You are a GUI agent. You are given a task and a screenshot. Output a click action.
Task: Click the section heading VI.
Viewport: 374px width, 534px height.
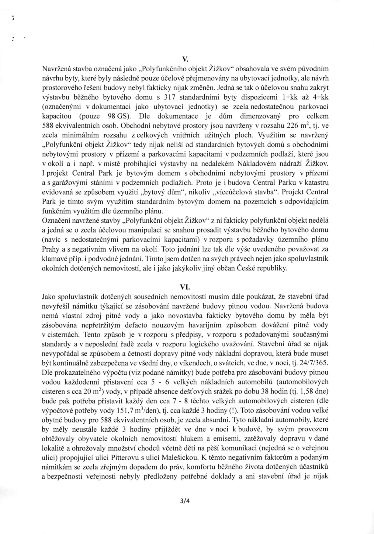(x=187, y=287)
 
